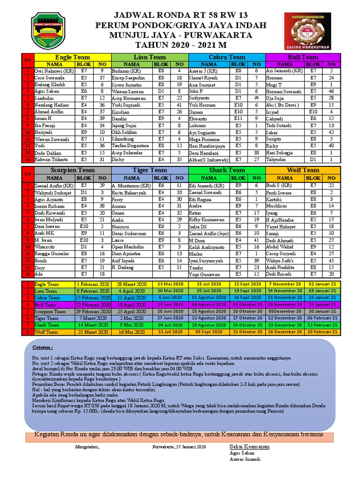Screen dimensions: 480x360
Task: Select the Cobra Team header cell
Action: [x=227, y=57]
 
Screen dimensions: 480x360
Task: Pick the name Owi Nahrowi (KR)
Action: [x=54, y=71]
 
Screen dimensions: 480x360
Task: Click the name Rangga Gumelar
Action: [x=52, y=253]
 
